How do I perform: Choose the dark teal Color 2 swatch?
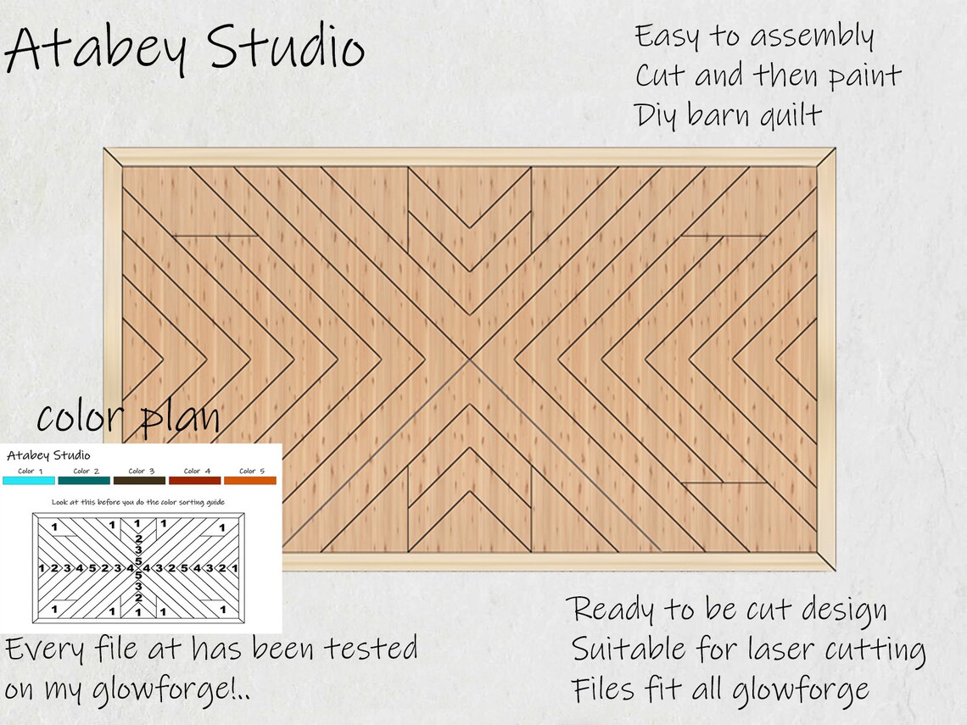pos(85,481)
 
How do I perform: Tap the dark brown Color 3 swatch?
pos(140,481)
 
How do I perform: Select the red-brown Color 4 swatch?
pos(195,481)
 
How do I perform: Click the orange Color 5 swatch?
pos(250,481)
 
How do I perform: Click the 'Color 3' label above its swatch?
pos(141,471)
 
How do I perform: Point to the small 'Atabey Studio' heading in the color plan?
pos(48,455)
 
